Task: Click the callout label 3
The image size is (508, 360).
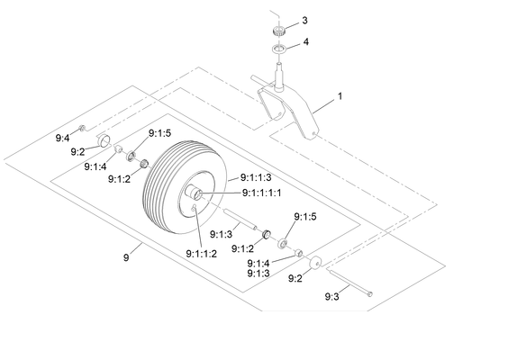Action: pyautogui.click(x=304, y=21)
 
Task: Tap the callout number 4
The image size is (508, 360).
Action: pyautogui.click(x=306, y=41)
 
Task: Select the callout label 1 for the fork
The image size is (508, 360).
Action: pyautogui.click(x=340, y=96)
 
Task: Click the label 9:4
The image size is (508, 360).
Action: pyautogui.click(x=62, y=139)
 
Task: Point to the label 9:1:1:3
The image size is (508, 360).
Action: pyautogui.click(x=256, y=177)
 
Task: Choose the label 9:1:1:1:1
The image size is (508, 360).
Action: pyautogui.click(x=262, y=193)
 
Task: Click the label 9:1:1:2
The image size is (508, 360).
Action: pyautogui.click(x=202, y=254)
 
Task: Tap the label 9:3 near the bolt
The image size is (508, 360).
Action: pyautogui.click(x=332, y=296)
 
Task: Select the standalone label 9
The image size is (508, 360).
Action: pyautogui.click(x=126, y=257)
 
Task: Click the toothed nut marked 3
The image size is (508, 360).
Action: pyautogui.click(x=278, y=31)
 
